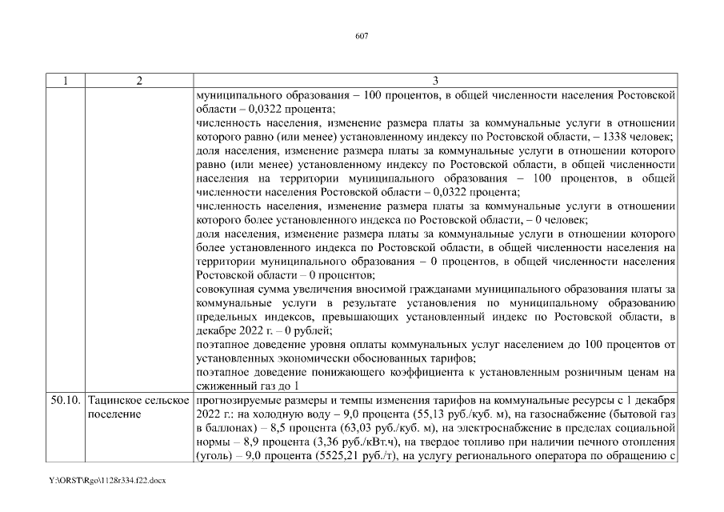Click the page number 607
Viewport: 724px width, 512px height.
pos(361,37)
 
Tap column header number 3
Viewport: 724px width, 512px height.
pos(435,81)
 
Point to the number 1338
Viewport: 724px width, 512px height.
pos(610,137)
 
